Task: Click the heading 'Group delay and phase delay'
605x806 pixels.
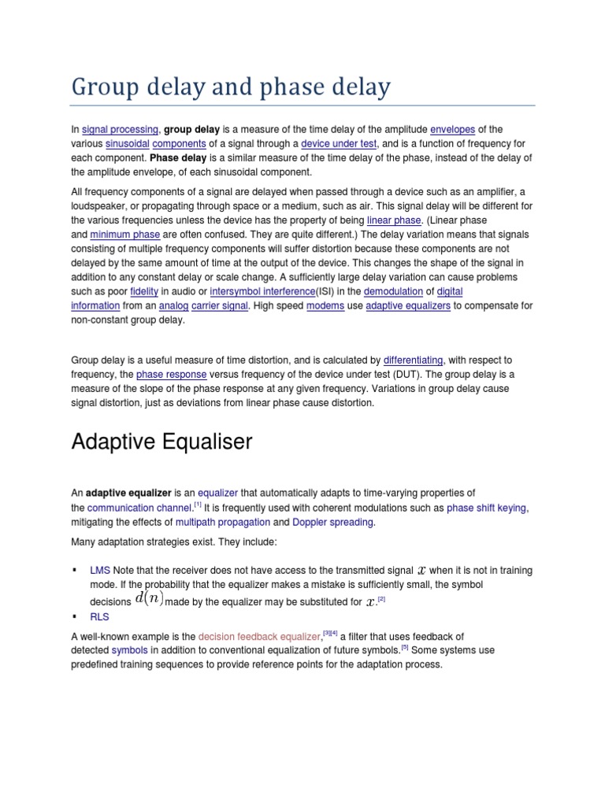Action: click(230, 87)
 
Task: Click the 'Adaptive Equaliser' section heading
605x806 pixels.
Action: click(161, 442)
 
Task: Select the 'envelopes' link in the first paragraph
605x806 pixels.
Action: click(453, 129)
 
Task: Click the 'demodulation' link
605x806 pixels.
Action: click(393, 290)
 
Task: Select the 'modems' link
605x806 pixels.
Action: click(325, 305)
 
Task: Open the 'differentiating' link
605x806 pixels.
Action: click(413, 360)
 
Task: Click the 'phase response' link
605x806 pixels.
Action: click(172, 375)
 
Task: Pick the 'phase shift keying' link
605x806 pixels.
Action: click(487, 508)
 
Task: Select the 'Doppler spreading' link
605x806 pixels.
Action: click(333, 522)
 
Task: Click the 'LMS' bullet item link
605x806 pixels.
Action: click(100, 570)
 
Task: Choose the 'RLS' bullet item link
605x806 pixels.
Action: click(100, 617)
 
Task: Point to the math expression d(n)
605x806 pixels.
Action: click(149, 599)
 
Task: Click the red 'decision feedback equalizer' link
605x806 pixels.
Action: click(260, 637)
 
